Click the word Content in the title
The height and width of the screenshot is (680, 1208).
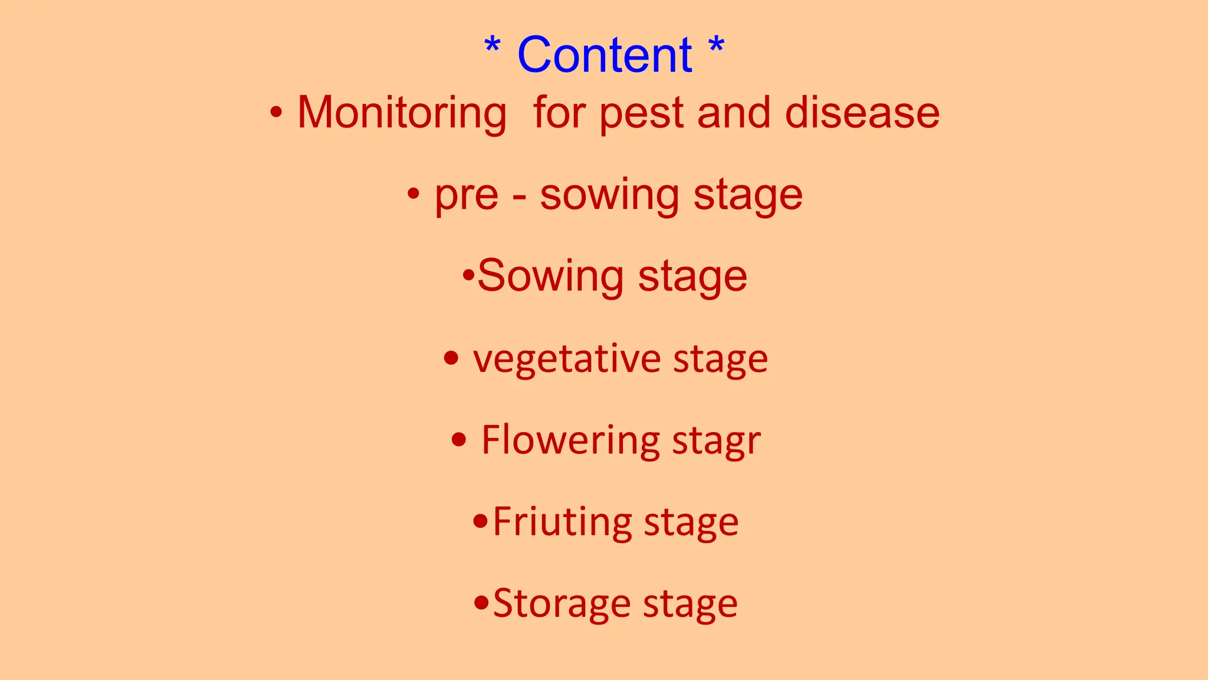pyautogui.click(x=605, y=55)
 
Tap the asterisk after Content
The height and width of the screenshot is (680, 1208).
pyautogui.click(x=716, y=45)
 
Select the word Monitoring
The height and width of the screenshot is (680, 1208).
pyautogui.click(x=402, y=113)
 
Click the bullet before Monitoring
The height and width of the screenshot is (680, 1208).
pyautogui.click(x=275, y=112)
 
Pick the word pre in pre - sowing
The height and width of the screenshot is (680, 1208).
pyautogui.click(x=466, y=195)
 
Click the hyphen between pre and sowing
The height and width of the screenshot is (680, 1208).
pyautogui.click(x=519, y=197)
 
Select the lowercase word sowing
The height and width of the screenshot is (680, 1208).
pyautogui.click(x=609, y=196)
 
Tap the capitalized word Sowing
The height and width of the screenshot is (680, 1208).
pyautogui.click(x=550, y=276)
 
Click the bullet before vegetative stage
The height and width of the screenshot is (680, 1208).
pyautogui.click(x=451, y=358)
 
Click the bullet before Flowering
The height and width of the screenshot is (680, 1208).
pyautogui.click(x=459, y=440)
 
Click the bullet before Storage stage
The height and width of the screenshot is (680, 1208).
pyautogui.click(x=481, y=603)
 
